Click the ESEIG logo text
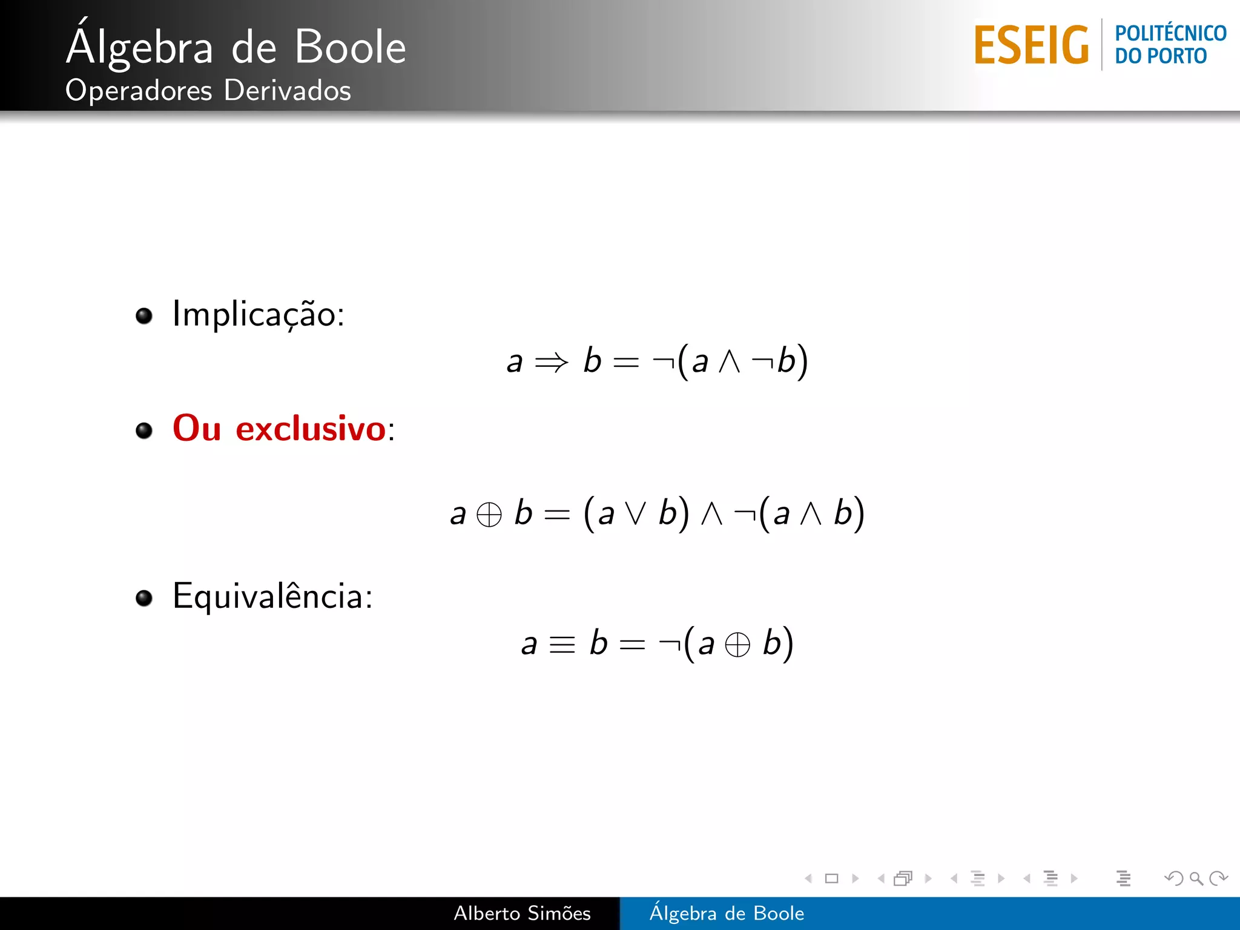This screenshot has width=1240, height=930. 1031,45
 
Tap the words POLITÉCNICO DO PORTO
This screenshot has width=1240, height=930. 1170,44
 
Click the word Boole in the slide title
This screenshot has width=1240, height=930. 350,47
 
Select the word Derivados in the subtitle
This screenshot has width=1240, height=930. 287,91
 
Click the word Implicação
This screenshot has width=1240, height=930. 258,314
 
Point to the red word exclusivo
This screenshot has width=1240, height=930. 310,429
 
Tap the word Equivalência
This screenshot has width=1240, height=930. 272,596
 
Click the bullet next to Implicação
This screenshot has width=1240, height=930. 144,315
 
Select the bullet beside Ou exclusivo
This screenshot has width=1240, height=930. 144,430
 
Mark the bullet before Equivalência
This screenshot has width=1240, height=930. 144,598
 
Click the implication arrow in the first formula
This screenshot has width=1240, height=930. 552,363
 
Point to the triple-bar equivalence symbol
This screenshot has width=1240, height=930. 562,644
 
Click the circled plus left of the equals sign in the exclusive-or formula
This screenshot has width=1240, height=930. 489,515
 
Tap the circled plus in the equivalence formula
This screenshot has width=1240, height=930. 737,644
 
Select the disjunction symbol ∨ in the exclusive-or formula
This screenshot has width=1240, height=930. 636,513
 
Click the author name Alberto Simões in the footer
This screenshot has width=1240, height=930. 522,913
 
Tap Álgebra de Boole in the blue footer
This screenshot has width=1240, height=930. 727,913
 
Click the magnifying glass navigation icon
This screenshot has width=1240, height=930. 1196,878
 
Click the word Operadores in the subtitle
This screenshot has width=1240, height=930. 139,91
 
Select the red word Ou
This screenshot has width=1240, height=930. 197,429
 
